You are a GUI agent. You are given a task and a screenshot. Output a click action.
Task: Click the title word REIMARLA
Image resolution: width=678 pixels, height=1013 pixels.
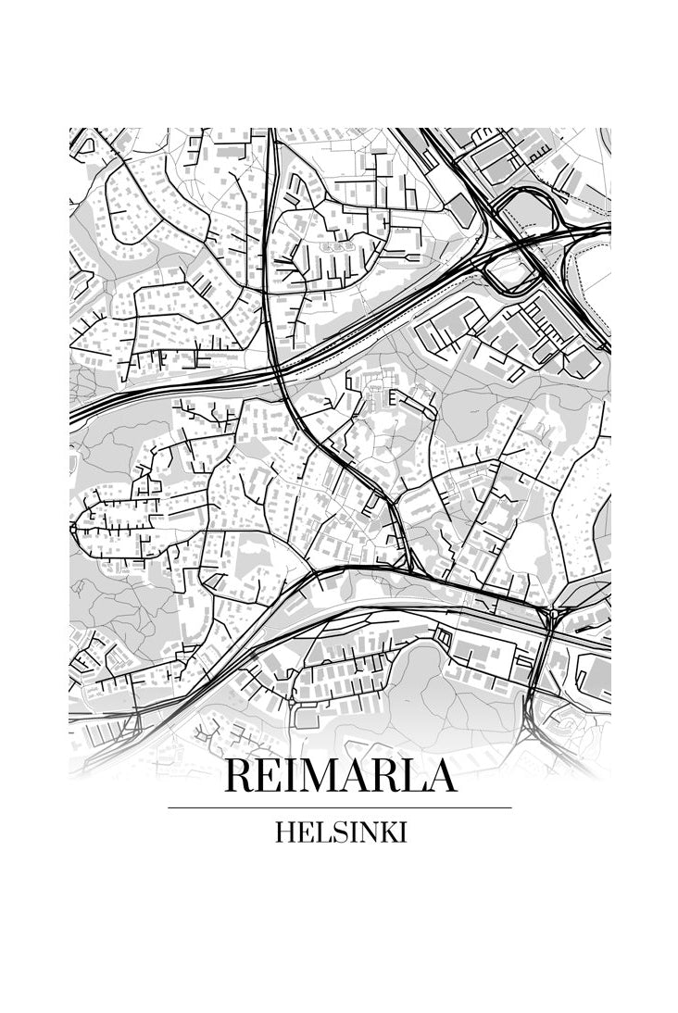pos(340,776)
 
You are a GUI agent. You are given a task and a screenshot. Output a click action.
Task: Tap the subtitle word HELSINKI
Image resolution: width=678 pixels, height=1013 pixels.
pos(340,832)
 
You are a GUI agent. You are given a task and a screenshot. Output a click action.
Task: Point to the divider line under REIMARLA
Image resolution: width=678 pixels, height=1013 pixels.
pos(340,807)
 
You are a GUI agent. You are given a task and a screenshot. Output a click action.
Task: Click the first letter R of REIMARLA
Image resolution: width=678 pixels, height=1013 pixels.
pos(241,776)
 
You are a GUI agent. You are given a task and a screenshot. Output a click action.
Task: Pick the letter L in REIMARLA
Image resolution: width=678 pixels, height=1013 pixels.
pos(408,776)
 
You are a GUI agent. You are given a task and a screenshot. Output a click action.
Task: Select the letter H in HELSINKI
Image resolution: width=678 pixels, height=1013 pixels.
pos(284,832)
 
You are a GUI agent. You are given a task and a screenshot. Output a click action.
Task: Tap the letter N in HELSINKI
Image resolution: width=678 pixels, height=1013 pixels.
pos(367,832)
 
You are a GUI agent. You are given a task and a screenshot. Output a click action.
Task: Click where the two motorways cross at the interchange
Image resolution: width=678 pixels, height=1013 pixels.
pos(523,243)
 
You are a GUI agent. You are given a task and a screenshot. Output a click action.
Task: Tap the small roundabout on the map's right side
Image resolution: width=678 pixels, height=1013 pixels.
pos(553,613)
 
